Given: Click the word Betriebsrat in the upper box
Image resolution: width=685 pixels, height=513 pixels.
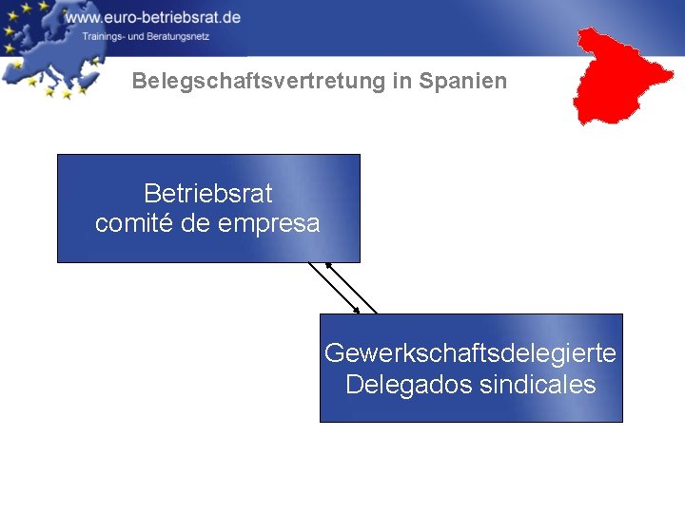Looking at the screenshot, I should [x=207, y=194].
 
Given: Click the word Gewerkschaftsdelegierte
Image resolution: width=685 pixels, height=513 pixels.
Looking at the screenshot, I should [x=470, y=353].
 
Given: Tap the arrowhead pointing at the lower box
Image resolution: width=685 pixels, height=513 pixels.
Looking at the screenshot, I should [x=356, y=309].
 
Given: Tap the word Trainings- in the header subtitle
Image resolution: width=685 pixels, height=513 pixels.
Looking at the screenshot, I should [x=104, y=36].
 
